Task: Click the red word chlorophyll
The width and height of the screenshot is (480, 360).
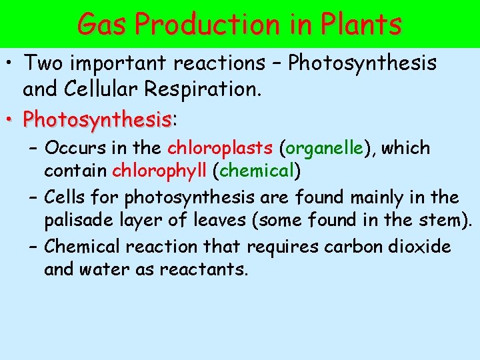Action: pos(160,171)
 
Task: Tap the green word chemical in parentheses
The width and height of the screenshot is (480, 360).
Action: pos(257,171)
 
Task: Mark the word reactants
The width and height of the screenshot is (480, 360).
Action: pos(203,270)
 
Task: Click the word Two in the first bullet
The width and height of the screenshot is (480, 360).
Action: pos(44,63)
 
